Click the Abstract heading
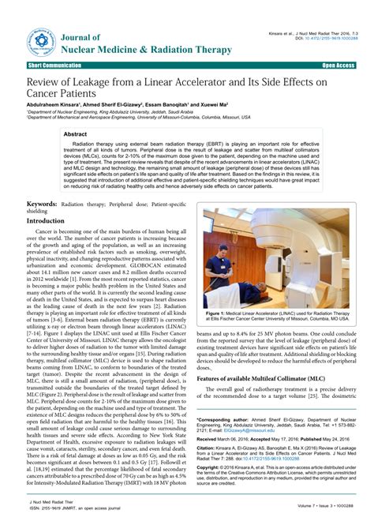coord(76,135)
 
